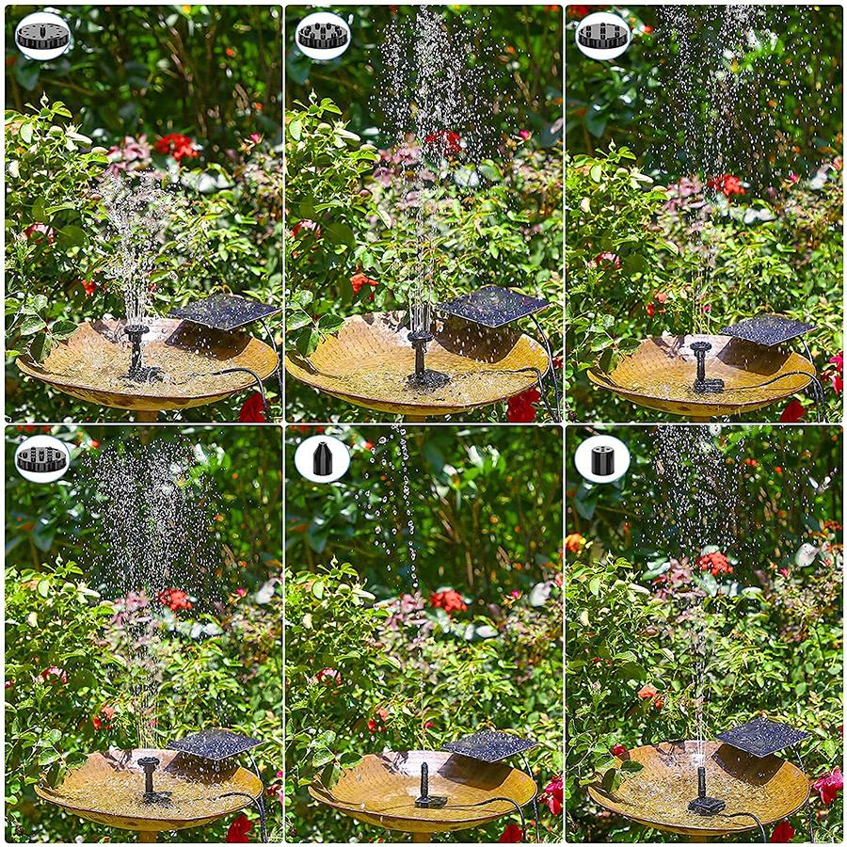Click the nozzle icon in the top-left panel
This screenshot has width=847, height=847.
pos(42,37)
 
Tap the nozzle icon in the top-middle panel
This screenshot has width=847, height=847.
pos(323,37)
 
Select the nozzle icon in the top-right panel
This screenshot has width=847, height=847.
pos(603,37)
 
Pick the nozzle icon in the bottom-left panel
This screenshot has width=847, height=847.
pos(42,458)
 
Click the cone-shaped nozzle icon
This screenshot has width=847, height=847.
pos(323,458)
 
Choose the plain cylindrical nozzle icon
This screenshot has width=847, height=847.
pos(603,458)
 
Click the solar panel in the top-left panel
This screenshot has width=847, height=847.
pos(223,312)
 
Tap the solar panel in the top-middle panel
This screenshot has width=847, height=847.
pos(492,307)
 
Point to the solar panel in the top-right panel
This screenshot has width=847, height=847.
pos(768,329)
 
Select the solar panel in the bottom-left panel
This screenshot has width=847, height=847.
pos(215,743)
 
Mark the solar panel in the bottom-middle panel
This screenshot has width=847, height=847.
pos(490,745)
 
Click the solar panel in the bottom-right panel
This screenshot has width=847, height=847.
pos(763,735)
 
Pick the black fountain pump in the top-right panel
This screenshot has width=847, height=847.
pos(702,368)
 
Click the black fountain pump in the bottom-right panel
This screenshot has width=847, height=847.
pos(702,791)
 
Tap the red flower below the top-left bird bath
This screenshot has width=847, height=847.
pos(253,408)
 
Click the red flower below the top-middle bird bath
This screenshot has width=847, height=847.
pos(522,406)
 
